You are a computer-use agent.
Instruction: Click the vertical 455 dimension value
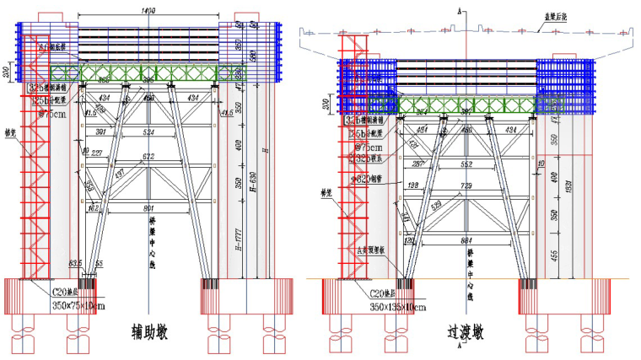[x=553, y=254]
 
